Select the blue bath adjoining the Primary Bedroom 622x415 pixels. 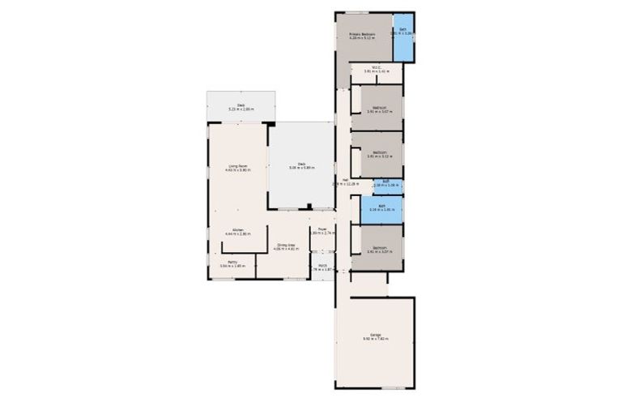(x=403, y=38)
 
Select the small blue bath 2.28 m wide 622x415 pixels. (x=387, y=184)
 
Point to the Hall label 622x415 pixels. (x=344, y=179)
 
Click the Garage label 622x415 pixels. (x=376, y=334)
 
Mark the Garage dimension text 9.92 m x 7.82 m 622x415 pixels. (x=376, y=338)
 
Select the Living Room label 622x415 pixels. (x=237, y=166)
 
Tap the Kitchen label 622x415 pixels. (x=238, y=230)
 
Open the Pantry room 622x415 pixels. (x=232, y=263)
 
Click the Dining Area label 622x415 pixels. (x=284, y=244)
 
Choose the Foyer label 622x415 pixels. (x=322, y=229)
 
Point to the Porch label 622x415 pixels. (x=322, y=265)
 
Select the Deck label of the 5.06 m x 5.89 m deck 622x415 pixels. (x=300, y=163)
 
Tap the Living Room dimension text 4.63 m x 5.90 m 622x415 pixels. (x=237, y=170)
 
